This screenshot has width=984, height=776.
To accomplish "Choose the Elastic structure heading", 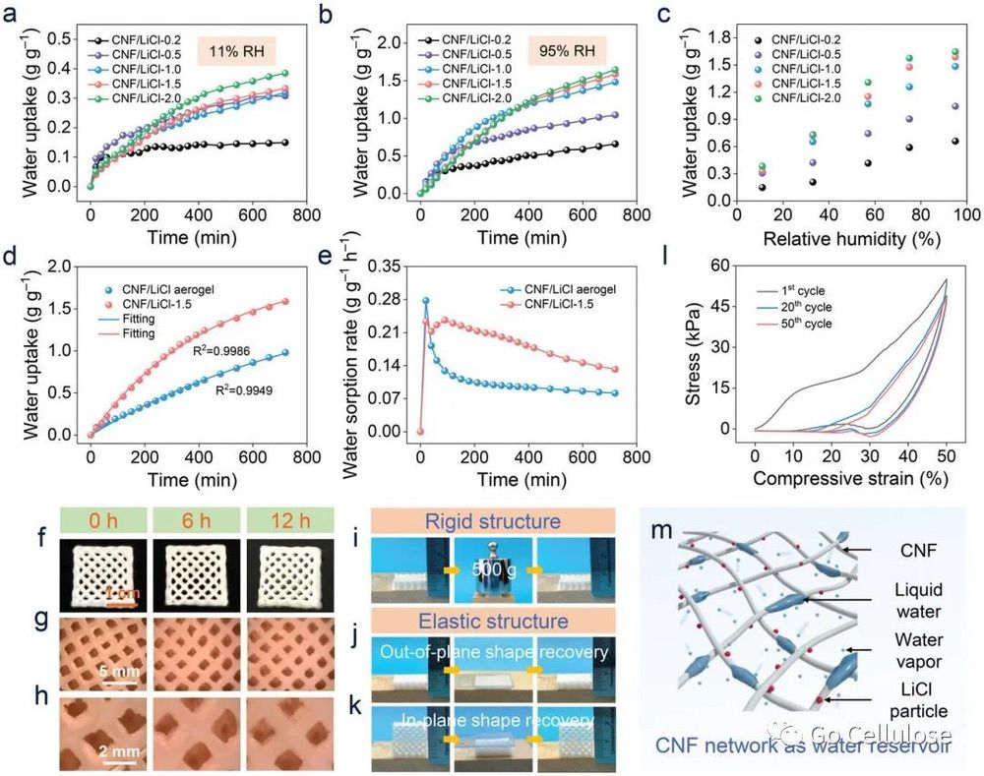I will tap(493, 622).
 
